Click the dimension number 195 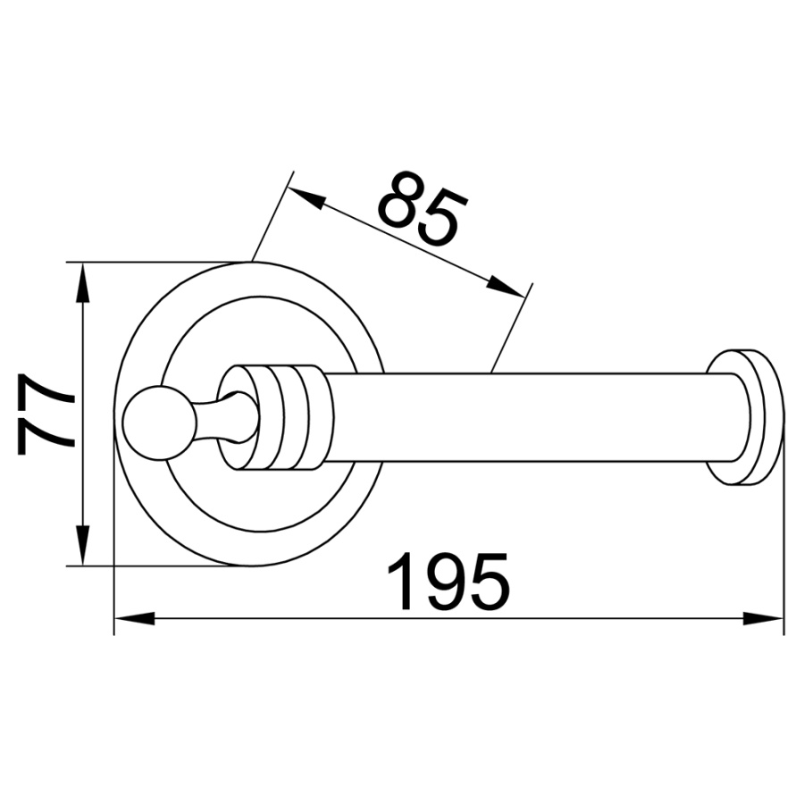point(448,582)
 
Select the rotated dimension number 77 point(46,414)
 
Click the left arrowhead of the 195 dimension point(134,618)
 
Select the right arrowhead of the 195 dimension point(764,618)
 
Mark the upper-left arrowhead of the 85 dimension point(306,197)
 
